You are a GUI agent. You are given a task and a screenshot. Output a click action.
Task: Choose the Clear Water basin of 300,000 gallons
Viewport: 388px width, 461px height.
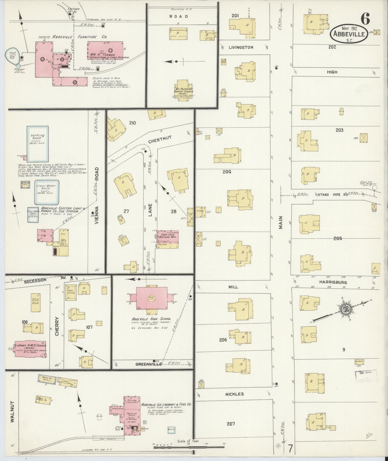pyautogui.click(x=47, y=192)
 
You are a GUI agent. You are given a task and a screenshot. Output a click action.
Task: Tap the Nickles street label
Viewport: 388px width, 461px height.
pyautogui.click(x=234, y=394)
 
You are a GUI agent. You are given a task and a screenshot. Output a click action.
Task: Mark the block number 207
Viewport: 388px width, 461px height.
pyautogui.click(x=231, y=424)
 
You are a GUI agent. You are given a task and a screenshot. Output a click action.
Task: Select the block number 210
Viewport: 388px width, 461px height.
pyautogui.click(x=132, y=123)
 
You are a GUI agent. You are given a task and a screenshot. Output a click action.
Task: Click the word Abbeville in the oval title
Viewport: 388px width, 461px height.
pyautogui.click(x=349, y=34)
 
